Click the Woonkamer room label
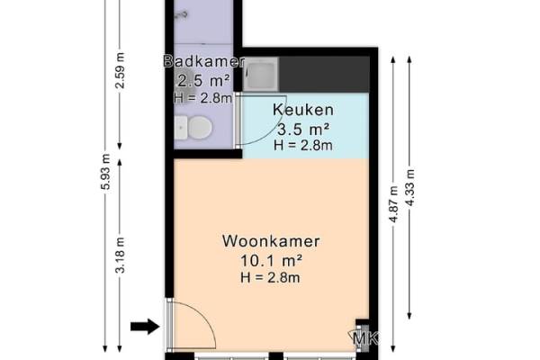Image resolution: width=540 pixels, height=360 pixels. pos(271,241)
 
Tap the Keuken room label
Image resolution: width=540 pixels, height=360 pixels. pos(303,110)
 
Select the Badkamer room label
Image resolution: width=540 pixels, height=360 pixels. pos(204,61)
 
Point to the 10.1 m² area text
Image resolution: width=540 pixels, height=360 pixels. pos(271,260)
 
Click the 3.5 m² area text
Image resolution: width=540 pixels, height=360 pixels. pos(303,130)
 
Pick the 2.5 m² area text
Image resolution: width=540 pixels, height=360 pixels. pos(203,81)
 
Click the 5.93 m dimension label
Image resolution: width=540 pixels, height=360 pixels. pos(105,172)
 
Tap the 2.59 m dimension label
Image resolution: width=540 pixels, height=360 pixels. pos(120,70)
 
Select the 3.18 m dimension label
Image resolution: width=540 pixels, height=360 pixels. pos(120,255)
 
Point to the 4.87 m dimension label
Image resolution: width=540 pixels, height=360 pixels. pos(393,204)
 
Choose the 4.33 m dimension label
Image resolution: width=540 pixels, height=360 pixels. pos(409,188)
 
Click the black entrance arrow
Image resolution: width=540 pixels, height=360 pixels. pos(145,326)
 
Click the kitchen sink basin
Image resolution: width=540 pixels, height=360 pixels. pos(261,74)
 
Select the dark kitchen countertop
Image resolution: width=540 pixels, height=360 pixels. pos(324,74)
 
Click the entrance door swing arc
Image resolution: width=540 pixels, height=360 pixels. pos(203,317)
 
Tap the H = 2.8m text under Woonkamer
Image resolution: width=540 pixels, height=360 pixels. pos(270,277)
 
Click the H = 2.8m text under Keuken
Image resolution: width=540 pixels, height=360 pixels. pos(303,145)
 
